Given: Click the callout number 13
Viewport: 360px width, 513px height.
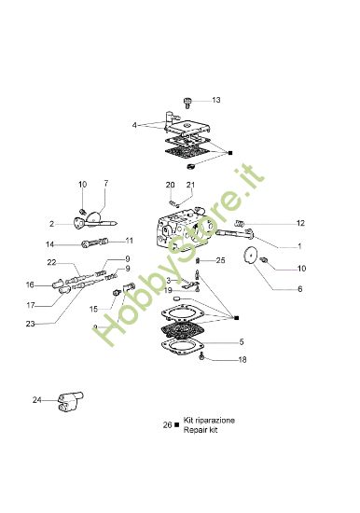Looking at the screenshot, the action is pyautogui.click(x=216, y=100).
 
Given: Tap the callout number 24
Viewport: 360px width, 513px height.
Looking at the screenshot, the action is pyautogui.click(x=37, y=400).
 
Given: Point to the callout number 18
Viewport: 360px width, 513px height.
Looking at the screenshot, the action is pyautogui.click(x=242, y=360).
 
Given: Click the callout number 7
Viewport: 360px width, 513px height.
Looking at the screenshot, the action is pyautogui.click(x=105, y=183).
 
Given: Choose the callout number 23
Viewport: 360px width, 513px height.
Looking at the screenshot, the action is pyautogui.click(x=31, y=324).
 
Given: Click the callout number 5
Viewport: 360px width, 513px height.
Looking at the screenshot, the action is pyautogui.click(x=242, y=341).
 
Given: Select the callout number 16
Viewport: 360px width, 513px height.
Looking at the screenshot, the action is pyautogui.click(x=31, y=284).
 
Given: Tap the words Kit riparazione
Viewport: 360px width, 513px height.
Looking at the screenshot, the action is pyautogui.click(x=209, y=421).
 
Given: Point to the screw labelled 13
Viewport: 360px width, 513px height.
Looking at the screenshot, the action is pyautogui.click(x=187, y=99).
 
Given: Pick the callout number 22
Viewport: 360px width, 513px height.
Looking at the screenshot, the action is pyautogui.click(x=51, y=262).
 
